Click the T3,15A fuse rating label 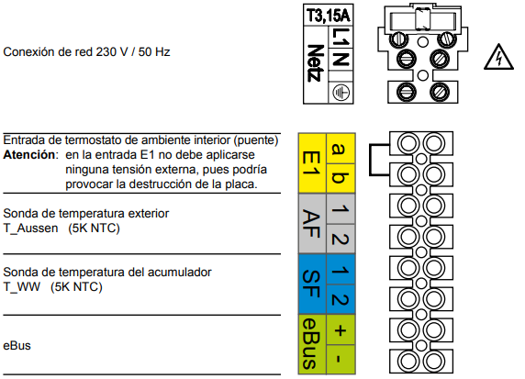pos(329,16)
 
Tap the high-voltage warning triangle pos(498,57)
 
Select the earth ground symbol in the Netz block pos(341,93)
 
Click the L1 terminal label pos(341,37)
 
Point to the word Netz pos(316,63)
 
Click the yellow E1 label pos(312,163)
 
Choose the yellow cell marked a pos(341,149)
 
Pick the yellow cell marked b pos(341,178)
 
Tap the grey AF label pos(312,224)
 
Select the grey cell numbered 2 pos(341,239)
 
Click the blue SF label pos(312,284)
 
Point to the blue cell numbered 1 pos(341,270)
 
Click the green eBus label pos(312,344)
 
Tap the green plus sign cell pos(341,329)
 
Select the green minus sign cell pos(341,360)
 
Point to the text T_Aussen pos(30,229)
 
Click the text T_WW pos(22,287)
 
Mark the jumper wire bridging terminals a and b pos(370,160)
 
